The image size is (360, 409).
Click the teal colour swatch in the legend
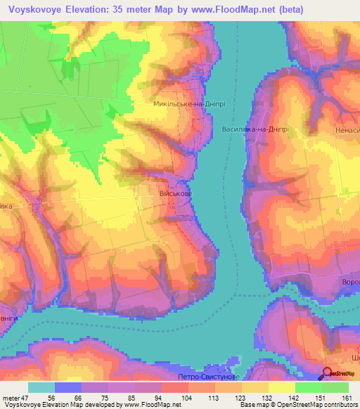41,387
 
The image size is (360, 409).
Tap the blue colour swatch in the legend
67,387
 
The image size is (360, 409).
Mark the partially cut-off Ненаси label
347,131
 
